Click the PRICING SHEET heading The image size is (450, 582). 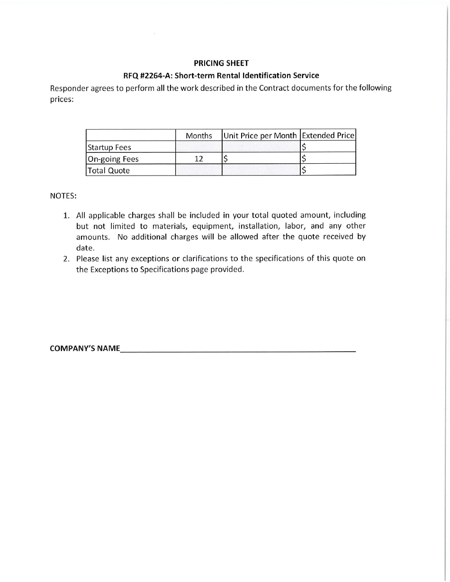click(x=221, y=63)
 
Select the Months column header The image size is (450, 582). click(x=199, y=135)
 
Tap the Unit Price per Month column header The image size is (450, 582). click(x=260, y=135)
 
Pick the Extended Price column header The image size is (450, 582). click(x=328, y=135)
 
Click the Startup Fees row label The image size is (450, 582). click(x=109, y=147)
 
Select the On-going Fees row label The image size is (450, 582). click(x=113, y=159)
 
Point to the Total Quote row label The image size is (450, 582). click(x=108, y=170)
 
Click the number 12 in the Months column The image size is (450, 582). click(x=199, y=159)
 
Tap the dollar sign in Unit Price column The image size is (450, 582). click(x=226, y=159)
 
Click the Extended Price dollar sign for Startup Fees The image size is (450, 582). click(x=304, y=147)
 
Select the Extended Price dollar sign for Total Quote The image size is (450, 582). click(x=304, y=170)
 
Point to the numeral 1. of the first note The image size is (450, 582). click(x=67, y=215)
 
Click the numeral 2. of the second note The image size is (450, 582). click(x=67, y=259)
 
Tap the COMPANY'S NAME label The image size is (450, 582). click(x=85, y=349)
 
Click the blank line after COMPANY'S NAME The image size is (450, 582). click(x=237, y=350)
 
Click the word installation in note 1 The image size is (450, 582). click(x=259, y=226)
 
